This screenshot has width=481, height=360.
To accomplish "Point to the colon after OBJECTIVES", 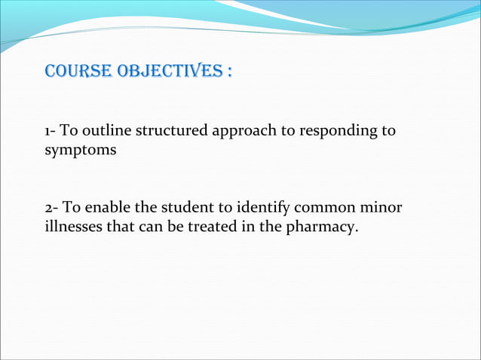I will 228,72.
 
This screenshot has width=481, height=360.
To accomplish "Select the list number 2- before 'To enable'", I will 51,207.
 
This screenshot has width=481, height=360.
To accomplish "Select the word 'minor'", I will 384,207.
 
